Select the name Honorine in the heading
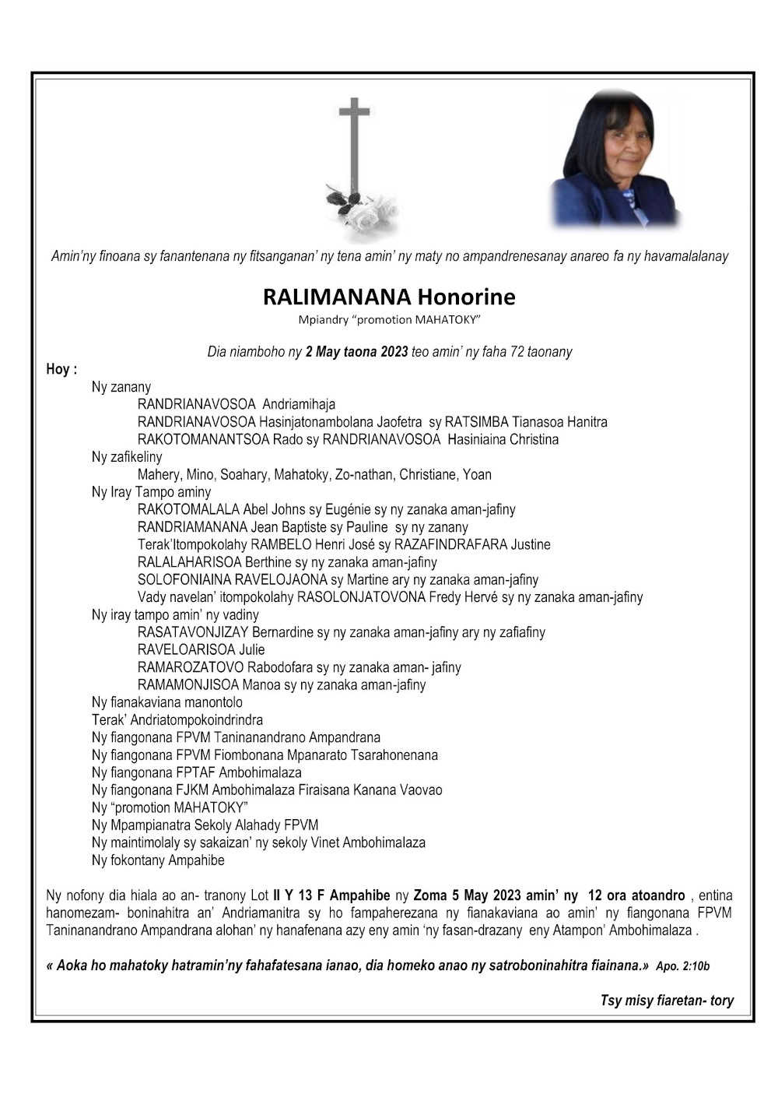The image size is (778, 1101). (x=466, y=297)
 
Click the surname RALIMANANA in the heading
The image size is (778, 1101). (x=336, y=297)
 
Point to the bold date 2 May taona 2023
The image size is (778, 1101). (x=356, y=352)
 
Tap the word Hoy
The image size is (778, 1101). (x=59, y=370)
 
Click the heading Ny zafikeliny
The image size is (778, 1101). (x=127, y=457)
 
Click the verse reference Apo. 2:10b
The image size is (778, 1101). (x=682, y=966)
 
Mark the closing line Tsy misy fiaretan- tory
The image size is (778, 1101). (x=667, y=1001)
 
